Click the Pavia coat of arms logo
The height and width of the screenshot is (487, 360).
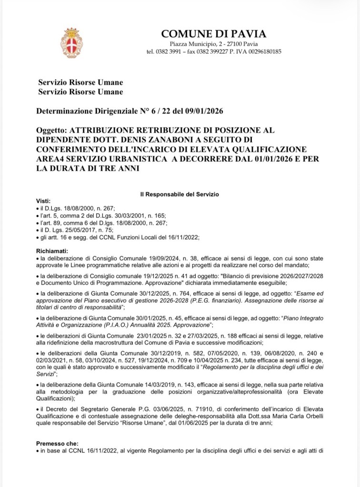pos(71,43)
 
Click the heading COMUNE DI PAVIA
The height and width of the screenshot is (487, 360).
pos(214,34)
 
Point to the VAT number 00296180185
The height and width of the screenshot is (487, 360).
pos(262,51)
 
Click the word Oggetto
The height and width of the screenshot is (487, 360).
pos(51,130)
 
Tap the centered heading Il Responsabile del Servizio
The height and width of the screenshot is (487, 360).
pos(179,195)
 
